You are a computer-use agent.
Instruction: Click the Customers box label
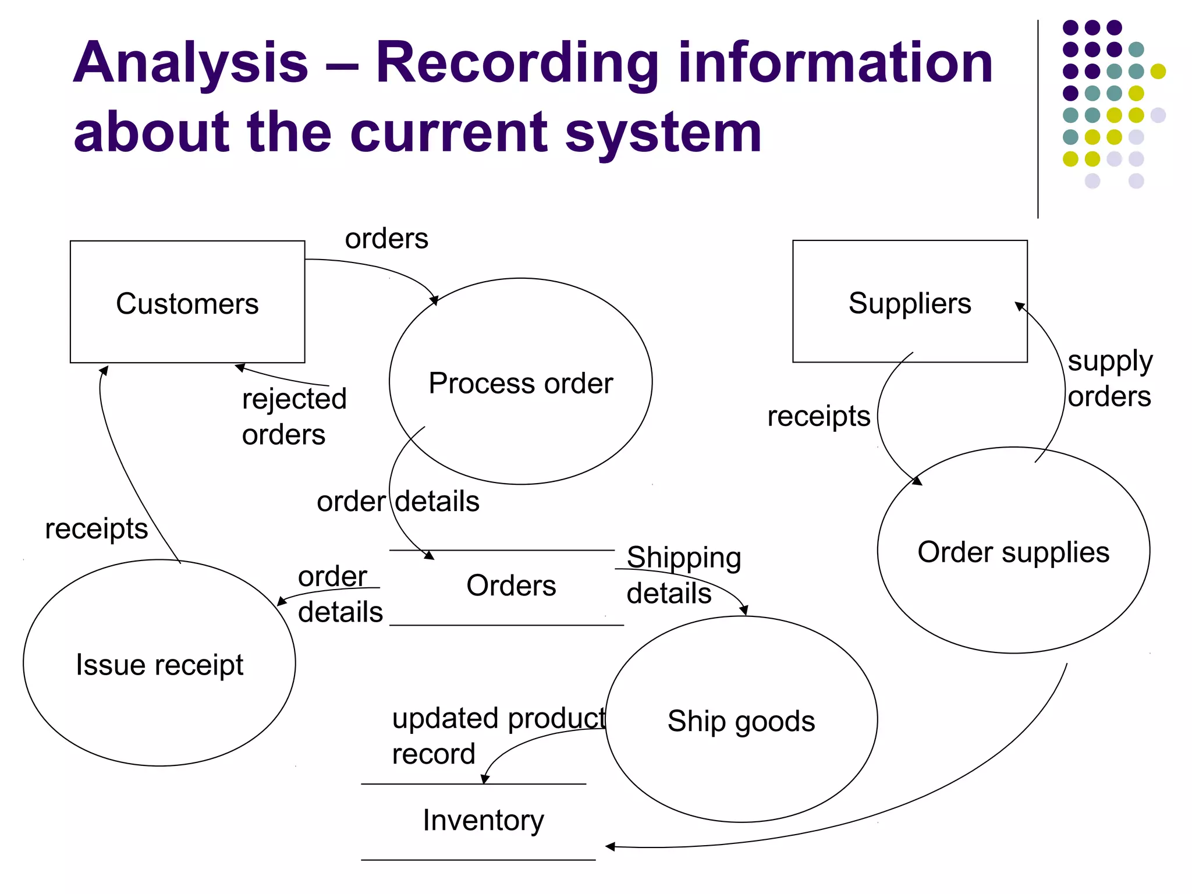coord(187,304)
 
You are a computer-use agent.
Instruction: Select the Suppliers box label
coord(909,303)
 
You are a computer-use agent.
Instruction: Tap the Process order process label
coord(520,383)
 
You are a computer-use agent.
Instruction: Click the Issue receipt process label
coord(159,665)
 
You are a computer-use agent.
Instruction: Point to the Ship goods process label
coord(741,721)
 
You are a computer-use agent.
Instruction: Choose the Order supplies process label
coord(1013,552)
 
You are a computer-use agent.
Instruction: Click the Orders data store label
coord(511,586)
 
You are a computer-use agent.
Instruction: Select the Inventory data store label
coord(483,820)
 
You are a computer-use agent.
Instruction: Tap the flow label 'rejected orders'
coord(293,417)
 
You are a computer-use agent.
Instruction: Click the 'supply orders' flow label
coord(1109,379)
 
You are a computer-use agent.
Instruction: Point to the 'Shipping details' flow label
coord(683,575)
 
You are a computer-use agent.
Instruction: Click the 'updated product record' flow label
coord(498,736)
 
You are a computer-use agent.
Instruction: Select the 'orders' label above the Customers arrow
coord(386,239)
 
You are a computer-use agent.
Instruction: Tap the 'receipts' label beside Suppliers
coord(818,416)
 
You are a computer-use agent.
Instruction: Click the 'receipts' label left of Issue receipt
coord(97,528)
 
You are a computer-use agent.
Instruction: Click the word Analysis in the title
coord(190,63)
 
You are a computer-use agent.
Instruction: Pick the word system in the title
coord(663,133)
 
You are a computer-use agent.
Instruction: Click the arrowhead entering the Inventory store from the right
coord(610,846)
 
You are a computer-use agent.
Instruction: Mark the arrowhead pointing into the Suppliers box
coord(1020,306)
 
